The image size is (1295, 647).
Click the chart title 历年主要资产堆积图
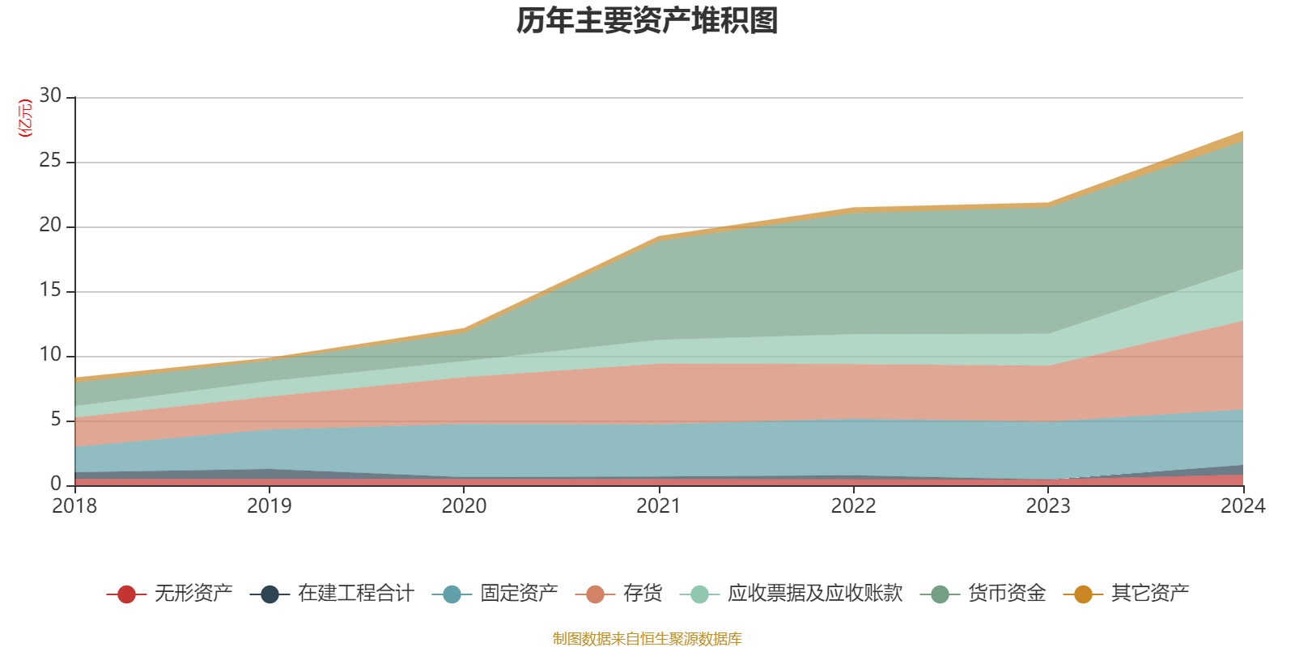click(647, 21)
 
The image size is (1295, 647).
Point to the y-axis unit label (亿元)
click(25, 118)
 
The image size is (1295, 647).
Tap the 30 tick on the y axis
click(50, 96)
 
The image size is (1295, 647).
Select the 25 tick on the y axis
click(50, 161)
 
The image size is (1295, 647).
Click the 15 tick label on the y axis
click(50, 290)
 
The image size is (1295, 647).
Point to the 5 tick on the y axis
click(56, 420)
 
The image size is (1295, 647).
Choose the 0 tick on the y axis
click(56, 484)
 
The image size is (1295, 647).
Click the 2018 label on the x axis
click(74, 506)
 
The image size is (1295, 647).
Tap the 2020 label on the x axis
click(464, 506)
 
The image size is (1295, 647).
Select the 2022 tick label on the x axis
click(853, 506)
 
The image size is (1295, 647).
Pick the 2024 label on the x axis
click(1242, 506)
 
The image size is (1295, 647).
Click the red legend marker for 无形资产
click(126, 594)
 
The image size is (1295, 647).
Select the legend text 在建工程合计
click(356, 594)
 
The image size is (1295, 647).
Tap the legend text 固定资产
click(519, 594)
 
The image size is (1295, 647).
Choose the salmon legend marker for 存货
click(595, 594)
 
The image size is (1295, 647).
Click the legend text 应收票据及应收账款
click(814, 594)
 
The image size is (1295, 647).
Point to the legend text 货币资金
click(1007, 594)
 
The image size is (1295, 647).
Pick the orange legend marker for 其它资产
click(1083, 594)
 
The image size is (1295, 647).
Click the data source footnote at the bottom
click(647, 639)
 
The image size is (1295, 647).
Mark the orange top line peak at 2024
click(1242, 133)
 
